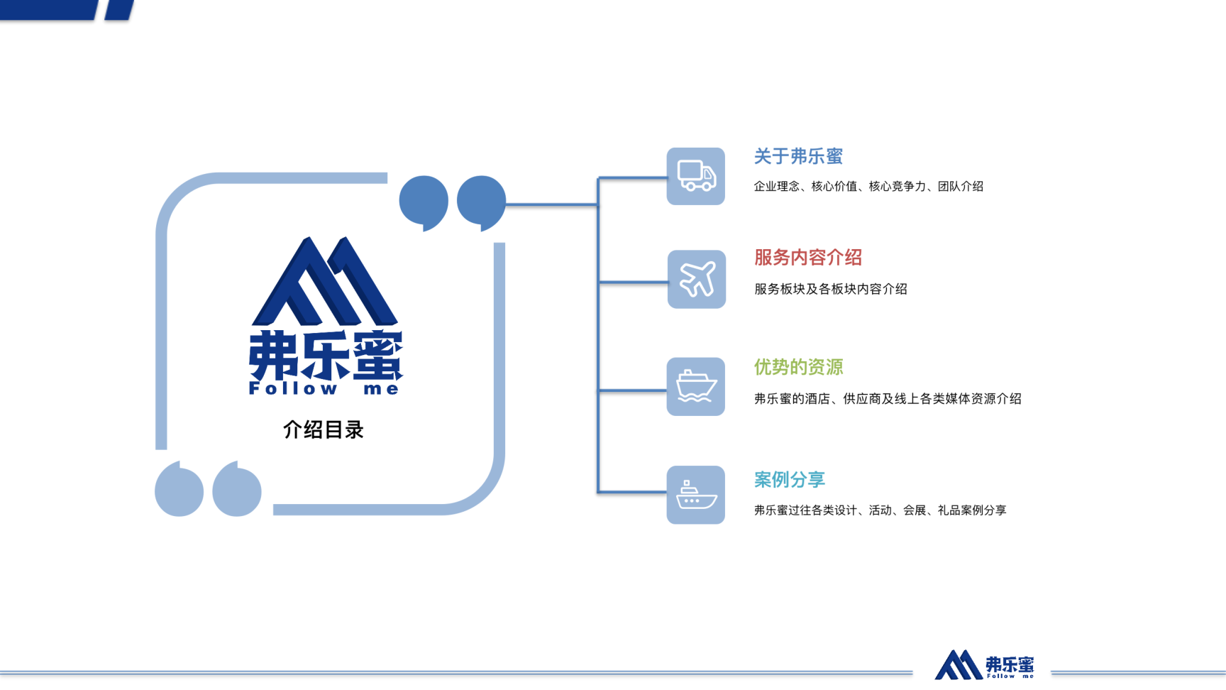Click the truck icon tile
pyautogui.click(x=695, y=176)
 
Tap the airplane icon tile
pyautogui.click(x=696, y=279)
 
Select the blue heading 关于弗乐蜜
pyautogui.click(x=798, y=156)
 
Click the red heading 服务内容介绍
pyautogui.click(x=808, y=258)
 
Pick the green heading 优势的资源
pyautogui.click(x=798, y=367)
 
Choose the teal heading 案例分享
pyautogui.click(x=790, y=479)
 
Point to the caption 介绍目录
pyautogui.click(x=324, y=429)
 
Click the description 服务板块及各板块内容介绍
pyautogui.click(x=831, y=289)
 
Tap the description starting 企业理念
pyautogui.click(x=868, y=186)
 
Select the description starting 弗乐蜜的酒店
pyautogui.click(x=888, y=399)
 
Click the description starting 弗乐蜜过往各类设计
pyautogui.click(x=880, y=510)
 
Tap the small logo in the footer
pyautogui.click(x=984, y=665)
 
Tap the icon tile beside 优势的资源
pyautogui.click(x=695, y=386)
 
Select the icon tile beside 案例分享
pyautogui.click(x=695, y=495)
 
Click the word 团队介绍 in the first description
pyautogui.click(x=961, y=186)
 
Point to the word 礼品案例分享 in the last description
pyautogui.click(x=972, y=510)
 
